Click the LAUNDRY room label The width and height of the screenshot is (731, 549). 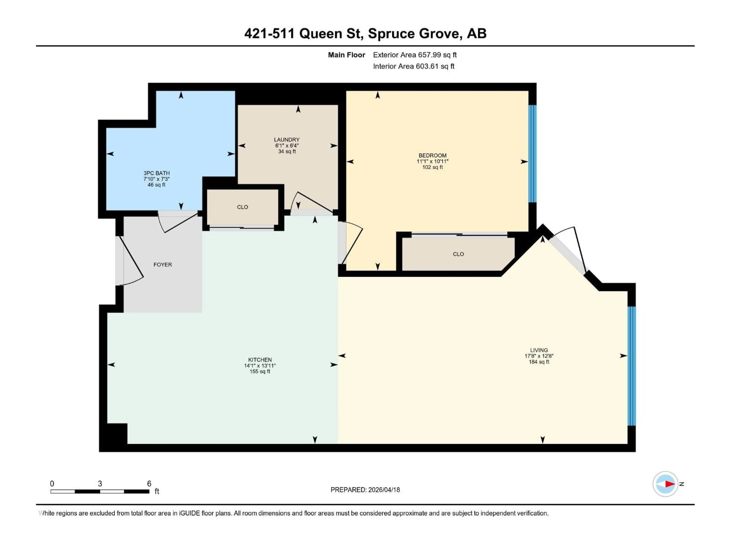(286, 140)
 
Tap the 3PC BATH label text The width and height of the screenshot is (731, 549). (156, 173)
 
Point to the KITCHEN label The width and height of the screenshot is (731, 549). (260, 360)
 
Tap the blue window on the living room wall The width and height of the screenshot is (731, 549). (631, 366)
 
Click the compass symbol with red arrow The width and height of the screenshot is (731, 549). (665, 484)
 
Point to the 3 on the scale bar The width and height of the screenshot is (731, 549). (100, 483)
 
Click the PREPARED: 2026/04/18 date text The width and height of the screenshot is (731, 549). (365, 490)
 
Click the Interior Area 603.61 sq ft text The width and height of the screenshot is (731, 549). (413, 66)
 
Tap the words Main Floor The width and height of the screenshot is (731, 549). (346, 55)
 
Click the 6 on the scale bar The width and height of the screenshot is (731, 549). (149, 483)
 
